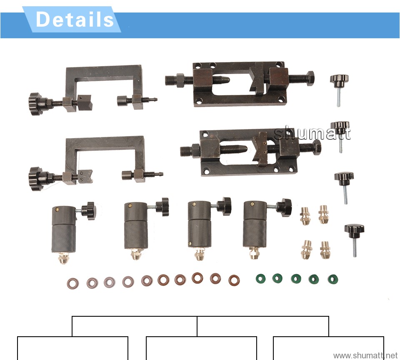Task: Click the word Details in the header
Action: pyautogui.click(x=75, y=20)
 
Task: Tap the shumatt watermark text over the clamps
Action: pyautogui.click(x=312, y=133)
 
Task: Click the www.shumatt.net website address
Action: pyautogui.click(x=365, y=355)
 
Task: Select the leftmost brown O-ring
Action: pyautogui.click(x=72, y=283)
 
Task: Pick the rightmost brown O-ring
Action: pyautogui.click(x=234, y=280)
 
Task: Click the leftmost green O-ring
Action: pyautogui.click(x=260, y=278)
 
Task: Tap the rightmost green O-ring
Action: pyautogui.click(x=332, y=279)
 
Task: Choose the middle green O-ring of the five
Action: pyautogui.click(x=296, y=279)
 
